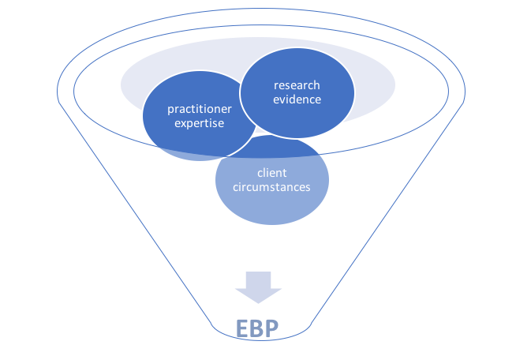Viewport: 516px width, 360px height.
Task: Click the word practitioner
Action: pos(200,109)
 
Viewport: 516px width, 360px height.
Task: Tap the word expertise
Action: pos(200,123)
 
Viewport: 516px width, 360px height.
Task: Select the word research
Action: pos(297,85)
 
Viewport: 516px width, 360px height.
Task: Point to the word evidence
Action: pos(297,99)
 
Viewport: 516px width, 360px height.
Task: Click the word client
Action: pos(272,173)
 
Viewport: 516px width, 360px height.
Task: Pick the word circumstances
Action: pos(272,187)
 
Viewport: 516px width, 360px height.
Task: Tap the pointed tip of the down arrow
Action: pos(258,302)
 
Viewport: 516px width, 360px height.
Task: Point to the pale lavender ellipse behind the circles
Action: pos(371,79)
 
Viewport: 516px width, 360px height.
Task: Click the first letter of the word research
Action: pos(276,85)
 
